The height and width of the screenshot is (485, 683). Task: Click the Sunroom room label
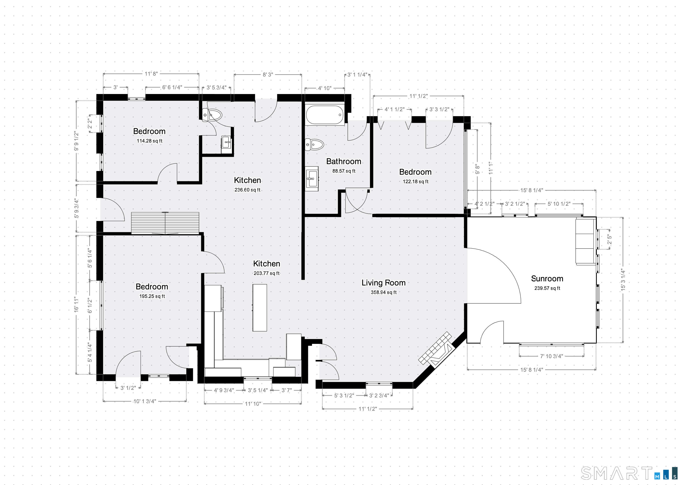pos(547,279)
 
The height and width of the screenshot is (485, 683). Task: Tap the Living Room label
pos(384,282)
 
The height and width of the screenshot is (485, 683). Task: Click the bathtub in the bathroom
pos(325,115)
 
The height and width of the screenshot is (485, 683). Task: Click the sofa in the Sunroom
pos(585,241)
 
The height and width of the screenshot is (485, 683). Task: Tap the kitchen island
pos(260,308)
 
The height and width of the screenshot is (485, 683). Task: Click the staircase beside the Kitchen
pos(165,223)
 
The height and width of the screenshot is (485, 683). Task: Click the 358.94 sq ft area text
pos(384,292)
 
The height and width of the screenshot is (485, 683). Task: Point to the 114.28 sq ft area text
pos(150,141)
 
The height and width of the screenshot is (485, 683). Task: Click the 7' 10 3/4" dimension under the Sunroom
pos(551,356)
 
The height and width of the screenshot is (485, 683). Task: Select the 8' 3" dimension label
pos(268,74)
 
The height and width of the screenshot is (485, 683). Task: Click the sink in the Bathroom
pos(312,179)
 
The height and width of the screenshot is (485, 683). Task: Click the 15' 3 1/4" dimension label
pos(623,280)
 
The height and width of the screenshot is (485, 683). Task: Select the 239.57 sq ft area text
pos(547,288)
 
